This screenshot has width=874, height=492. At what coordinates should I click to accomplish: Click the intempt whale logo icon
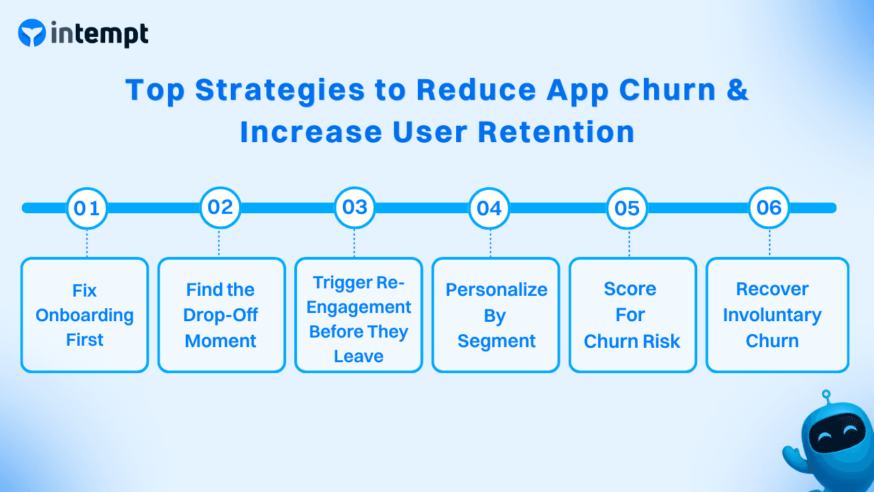[32, 33]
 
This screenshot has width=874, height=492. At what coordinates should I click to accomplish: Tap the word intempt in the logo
[99, 33]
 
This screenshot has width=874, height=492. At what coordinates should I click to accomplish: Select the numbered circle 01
[87, 208]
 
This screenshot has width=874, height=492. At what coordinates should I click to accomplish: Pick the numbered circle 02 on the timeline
[220, 207]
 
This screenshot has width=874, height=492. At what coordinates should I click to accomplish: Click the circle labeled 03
[354, 207]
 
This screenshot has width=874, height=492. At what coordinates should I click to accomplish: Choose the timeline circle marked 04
[489, 208]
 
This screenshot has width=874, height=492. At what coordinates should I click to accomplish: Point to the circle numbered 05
[627, 208]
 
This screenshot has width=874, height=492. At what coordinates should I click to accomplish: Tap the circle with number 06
[769, 208]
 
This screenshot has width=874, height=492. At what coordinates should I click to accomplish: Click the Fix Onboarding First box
[85, 315]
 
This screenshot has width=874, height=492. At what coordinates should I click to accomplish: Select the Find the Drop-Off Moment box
[221, 315]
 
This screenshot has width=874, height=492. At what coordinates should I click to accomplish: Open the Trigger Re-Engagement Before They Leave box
[358, 315]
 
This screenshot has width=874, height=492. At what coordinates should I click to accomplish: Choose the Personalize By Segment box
[496, 315]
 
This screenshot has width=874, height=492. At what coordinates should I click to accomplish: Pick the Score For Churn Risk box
[632, 315]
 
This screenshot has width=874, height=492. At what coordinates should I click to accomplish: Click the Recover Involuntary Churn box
[777, 315]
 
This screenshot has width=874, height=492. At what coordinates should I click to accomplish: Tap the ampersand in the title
[737, 91]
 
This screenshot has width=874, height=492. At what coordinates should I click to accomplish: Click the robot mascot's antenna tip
[826, 394]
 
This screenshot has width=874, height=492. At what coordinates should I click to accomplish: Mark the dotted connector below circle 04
[490, 243]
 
